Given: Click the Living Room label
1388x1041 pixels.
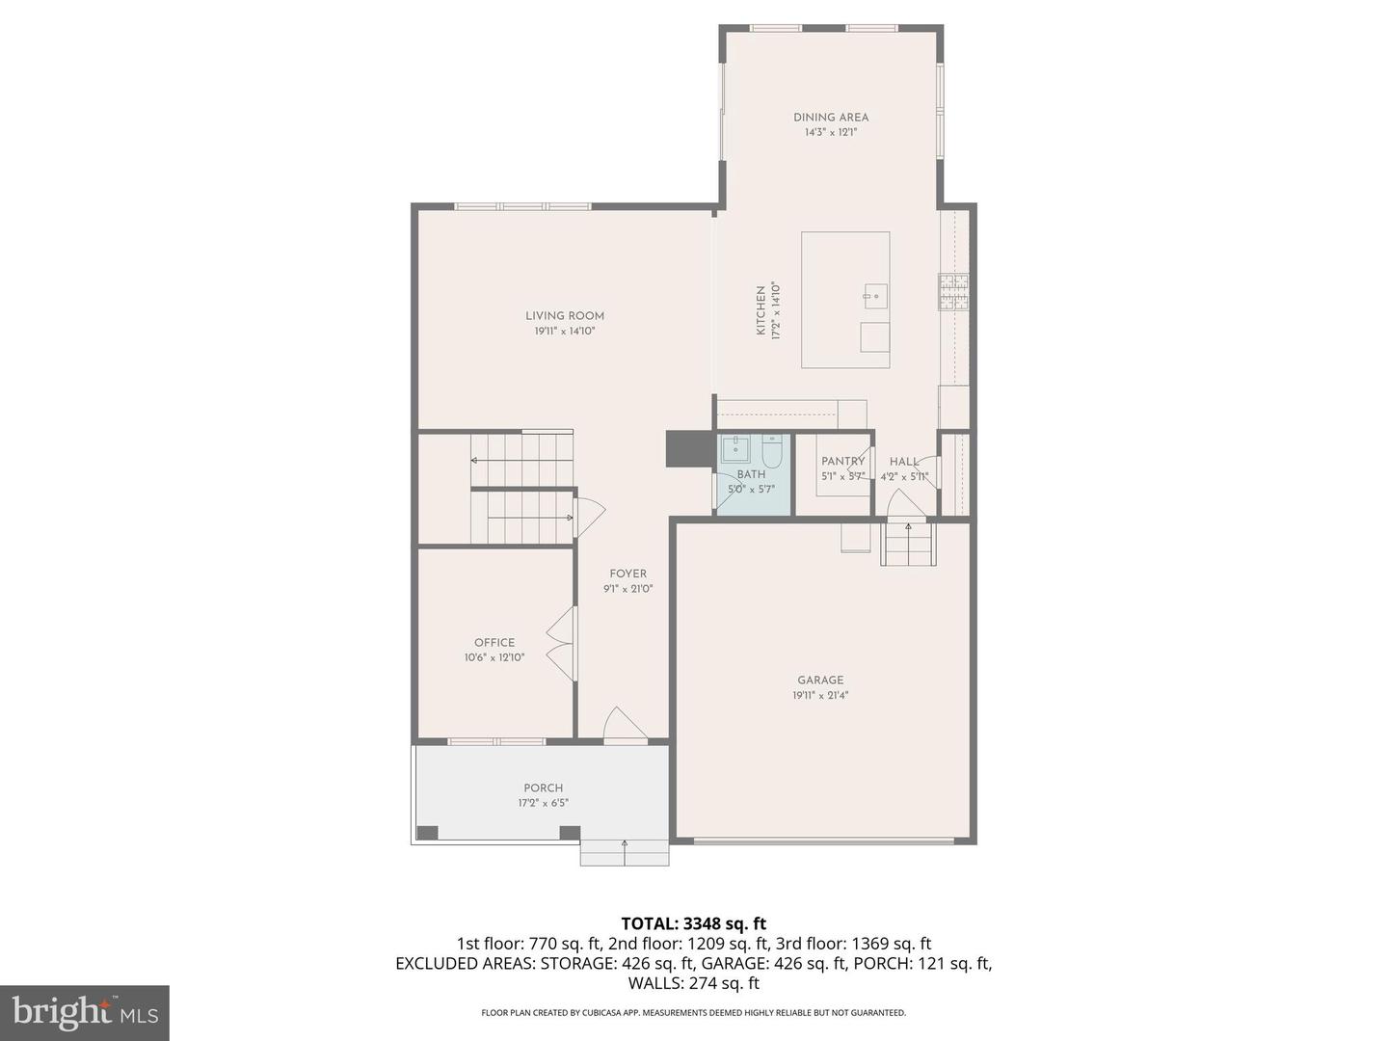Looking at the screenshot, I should [x=565, y=315].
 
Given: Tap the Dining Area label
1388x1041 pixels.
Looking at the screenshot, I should [x=831, y=118].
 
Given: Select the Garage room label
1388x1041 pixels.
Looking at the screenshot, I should [x=820, y=680].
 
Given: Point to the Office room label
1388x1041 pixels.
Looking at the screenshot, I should [x=494, y=643].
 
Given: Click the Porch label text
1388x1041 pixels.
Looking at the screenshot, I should [x=544, y=787].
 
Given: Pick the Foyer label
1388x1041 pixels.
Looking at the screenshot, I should [x=627, y=574].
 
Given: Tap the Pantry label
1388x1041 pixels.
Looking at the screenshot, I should [x=842, y=462].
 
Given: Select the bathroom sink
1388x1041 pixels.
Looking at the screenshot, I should [x=735, y=449].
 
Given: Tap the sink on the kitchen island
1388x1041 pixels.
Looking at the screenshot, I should [x=875, y=296].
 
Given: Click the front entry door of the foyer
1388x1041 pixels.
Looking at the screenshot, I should [x=625, y=727].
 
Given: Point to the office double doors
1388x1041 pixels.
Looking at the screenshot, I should [x=560, y=644].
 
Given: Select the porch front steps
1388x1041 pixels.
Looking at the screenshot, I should [x=625, y=852].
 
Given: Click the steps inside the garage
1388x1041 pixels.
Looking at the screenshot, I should [x=908, y=544].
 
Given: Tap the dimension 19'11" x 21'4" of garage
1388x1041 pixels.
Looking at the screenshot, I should [x=820, y=695].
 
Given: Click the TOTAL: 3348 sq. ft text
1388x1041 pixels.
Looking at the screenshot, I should [x=693, y=924].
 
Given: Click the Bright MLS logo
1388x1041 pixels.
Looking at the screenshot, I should [x=85, y=1012].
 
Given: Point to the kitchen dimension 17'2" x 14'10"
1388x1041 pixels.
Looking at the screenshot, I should [x=774, y=310].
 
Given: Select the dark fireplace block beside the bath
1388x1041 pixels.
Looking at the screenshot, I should [x=690, y=449].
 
